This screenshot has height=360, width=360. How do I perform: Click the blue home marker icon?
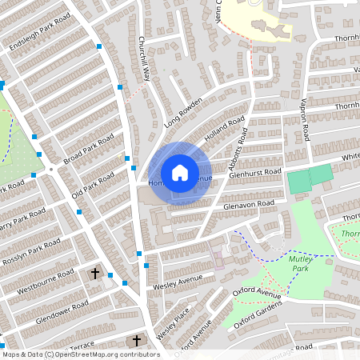tap(180, 173)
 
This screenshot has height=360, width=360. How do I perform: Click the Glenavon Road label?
tap(249, 204)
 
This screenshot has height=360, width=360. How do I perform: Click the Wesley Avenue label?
tap(175, 282)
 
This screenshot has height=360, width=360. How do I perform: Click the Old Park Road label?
tap(93, 183)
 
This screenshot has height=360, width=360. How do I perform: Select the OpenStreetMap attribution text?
tap(80, 354)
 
